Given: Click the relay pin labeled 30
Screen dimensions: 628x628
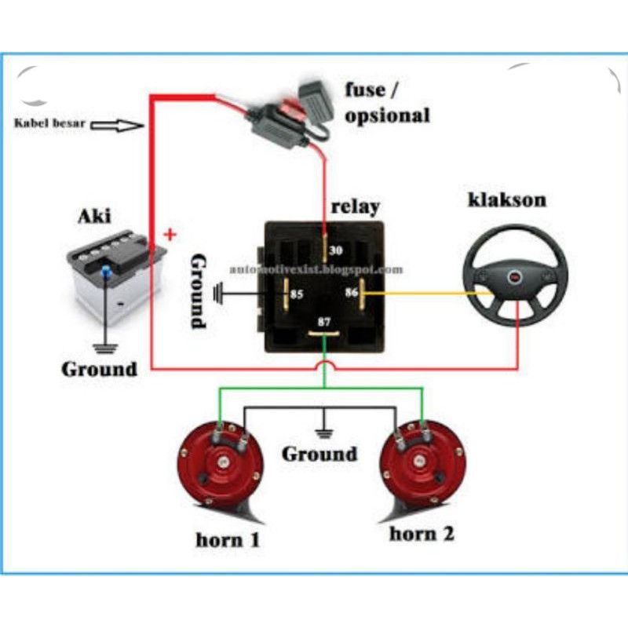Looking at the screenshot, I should (x=323, y=250).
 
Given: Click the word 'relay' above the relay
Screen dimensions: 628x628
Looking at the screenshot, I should (x=355, y=206).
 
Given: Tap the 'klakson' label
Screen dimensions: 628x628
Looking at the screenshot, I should (x=506, y=199).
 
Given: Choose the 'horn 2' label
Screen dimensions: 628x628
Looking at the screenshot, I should (x=422, y=534).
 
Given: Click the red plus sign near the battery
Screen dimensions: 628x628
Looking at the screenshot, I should (x=170, y=234).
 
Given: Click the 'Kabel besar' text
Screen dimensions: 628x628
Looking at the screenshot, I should (x=49, y=124).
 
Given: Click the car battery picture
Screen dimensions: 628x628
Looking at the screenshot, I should (x=114, y=279).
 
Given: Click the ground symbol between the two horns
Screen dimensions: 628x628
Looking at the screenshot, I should (x=319, y=431).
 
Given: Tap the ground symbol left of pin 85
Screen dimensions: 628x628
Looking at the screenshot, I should (x=219, y=295).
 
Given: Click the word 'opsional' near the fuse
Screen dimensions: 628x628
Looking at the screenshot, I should (x=388, y=115).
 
